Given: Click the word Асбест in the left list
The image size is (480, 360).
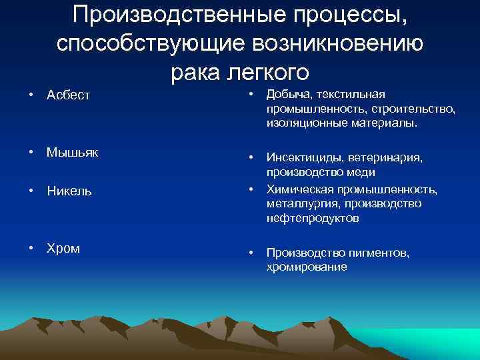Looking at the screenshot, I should point(68,95).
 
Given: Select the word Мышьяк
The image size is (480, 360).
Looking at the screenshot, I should point(72,153).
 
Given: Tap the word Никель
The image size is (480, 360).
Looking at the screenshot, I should point(69,191).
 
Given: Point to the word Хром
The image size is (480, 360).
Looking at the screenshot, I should point(63,249).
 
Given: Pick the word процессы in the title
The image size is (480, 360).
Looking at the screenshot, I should point(353,15).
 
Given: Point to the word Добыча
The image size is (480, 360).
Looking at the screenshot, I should point(287,95).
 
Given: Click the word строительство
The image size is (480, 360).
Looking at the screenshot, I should point(415,109).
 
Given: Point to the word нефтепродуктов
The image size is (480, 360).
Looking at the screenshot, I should point(313,218).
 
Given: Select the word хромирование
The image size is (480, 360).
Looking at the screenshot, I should point(307,267).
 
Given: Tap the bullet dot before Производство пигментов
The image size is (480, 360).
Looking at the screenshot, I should point(251,253).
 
